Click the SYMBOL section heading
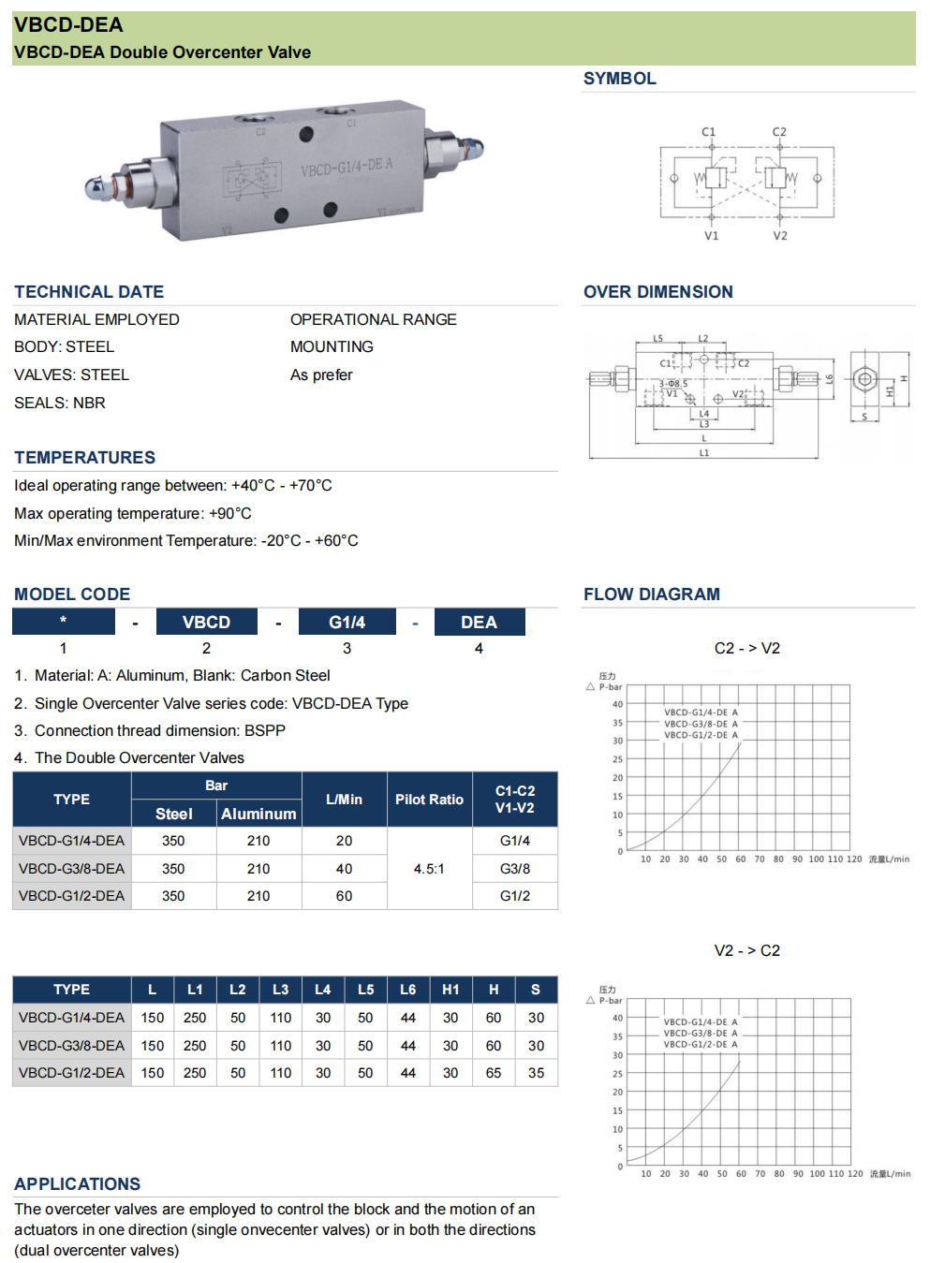click(619, 79)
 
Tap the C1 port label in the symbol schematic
click(708, 132)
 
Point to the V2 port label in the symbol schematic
click(779, 236)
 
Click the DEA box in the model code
click(479, 623)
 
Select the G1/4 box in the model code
click(347, 623)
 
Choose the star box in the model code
click(64, 622)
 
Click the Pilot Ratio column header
click(429, 800)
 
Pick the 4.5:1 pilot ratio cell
click(429, 869)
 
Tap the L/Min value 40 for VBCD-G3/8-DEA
click(344, 869)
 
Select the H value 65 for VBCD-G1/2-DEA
click(494, 1073)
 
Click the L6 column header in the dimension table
click(408, 990)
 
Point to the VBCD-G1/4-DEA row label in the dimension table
click(71, 1018)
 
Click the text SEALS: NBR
click(60, 403)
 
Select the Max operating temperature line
click(133, 513)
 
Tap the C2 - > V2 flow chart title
click(746, 648)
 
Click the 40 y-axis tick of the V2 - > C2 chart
click(617, 1018)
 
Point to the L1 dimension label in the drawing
click(704, 453)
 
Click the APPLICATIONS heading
click(78, 1184)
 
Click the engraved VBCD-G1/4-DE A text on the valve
click(347, 168)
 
